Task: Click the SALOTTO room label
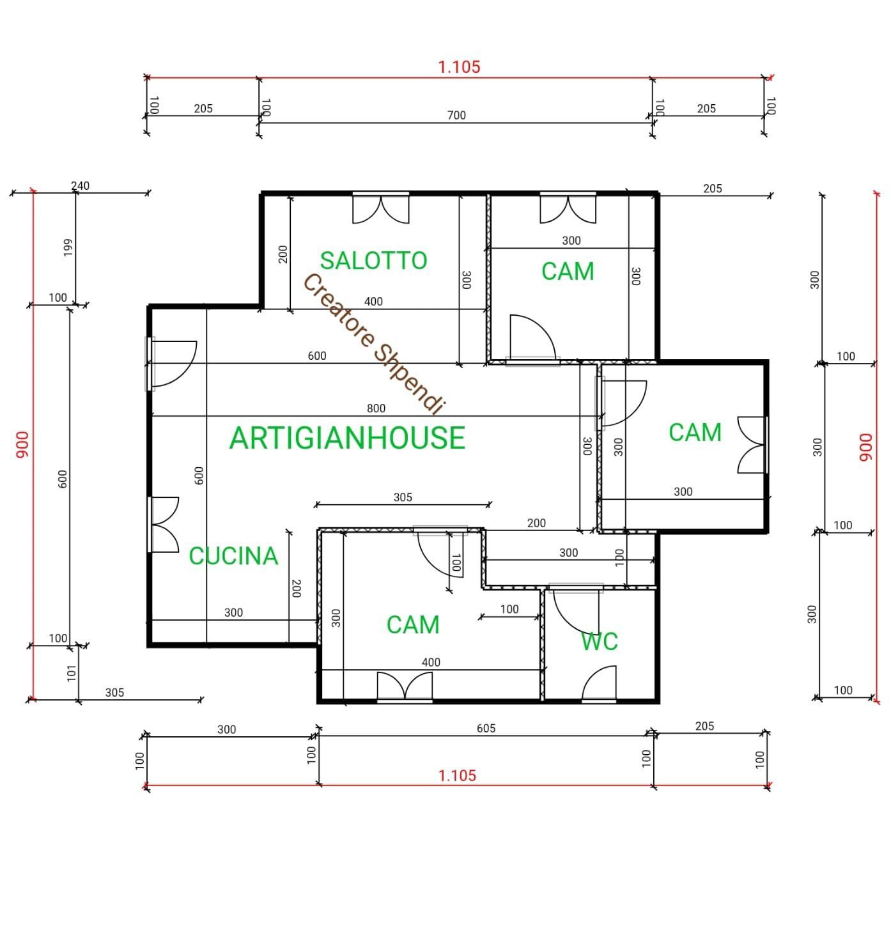point(373,261)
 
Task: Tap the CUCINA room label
point(233,556)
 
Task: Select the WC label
point(599,641)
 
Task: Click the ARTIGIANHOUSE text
point(347,438)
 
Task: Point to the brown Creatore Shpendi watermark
point(373,343)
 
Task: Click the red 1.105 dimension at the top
point(458,66)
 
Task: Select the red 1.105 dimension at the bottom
point(457,775)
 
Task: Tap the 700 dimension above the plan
point(456,116)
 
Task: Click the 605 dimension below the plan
point(486,729)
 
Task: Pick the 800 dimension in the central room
point(376,408)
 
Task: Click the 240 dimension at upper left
point(80,186)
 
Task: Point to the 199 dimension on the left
point(68,247)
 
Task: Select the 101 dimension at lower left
point(72,672)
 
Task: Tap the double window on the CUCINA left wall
point(164,524)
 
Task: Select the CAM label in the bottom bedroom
point(413,625)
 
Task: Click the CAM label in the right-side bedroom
point(695,433)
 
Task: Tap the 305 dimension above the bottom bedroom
point(403,497)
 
